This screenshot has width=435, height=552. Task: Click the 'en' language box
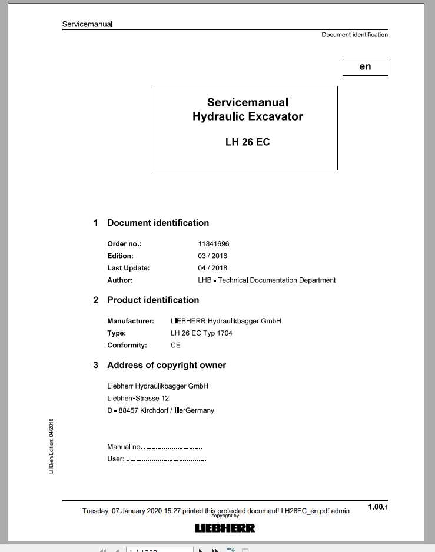coord(365,67)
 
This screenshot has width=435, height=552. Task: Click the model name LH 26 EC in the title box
coord(247,142)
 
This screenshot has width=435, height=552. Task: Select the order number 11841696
coord(213,243)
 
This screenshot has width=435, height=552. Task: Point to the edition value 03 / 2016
coord(212,256)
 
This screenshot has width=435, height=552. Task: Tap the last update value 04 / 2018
coord(212,268)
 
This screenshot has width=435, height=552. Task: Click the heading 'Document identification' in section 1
coord(158,223)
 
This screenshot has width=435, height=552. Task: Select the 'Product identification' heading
coord(153,300)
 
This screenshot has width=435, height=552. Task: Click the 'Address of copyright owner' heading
coord(166,365)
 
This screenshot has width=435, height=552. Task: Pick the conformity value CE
coord(175,346)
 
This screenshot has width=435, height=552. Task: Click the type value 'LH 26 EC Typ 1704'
coord(201,333)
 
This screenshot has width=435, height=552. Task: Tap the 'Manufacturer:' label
coord(130,321)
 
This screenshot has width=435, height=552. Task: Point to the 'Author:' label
coord(119,280)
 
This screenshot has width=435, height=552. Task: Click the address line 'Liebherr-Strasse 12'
coord(138,399)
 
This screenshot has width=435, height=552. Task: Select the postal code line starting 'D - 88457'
coord(160,410)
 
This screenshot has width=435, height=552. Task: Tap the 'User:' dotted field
coord(166,459)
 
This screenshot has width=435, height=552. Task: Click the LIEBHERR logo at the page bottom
coord(225,528)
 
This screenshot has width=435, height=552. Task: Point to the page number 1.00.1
coord(377,507)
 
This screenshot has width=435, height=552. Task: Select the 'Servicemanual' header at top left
coord(87,24)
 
